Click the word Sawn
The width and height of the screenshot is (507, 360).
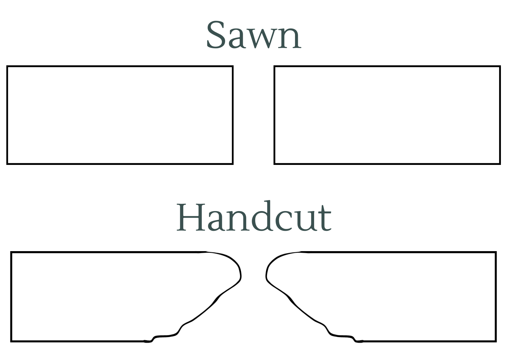[x=254, y=35]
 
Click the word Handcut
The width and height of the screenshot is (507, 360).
[x=254, y=216]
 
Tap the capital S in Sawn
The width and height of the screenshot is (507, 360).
[x=217, y=35]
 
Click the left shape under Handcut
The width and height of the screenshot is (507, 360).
[x=11, y=296]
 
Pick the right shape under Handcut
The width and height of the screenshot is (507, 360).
[x=496, y=296]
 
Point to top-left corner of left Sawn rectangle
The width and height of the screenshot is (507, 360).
[x=7, y=66]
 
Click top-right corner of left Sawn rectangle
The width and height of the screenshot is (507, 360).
[x=233, y=66]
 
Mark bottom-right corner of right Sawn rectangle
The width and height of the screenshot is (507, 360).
[x=500, y=164]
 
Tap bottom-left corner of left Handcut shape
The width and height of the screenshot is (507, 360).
[x=11, y=341]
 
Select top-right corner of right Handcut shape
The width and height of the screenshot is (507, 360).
[x=496, y=252]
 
